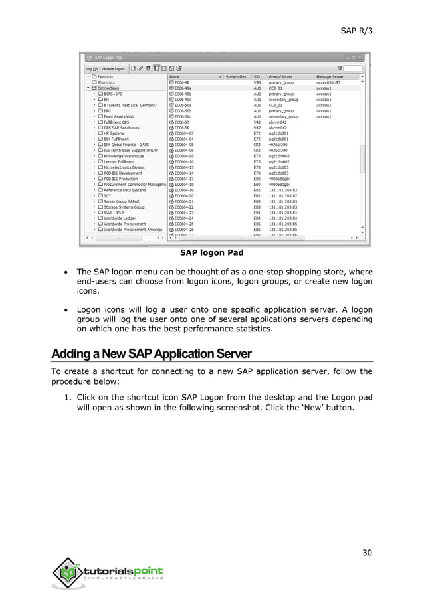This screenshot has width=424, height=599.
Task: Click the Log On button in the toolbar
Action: pos(91,68)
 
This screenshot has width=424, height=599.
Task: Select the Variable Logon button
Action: pos(115,68)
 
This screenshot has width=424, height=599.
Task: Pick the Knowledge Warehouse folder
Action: pos(124,155)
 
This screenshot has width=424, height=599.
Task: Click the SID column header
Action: pos(257,76)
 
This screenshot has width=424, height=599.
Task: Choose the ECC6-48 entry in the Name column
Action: pos(181,82)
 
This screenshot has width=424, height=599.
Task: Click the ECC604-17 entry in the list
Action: pos(183,178)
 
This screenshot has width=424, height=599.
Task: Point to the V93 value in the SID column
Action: pos(257,82)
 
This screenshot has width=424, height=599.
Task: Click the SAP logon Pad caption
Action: pos(211,253)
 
